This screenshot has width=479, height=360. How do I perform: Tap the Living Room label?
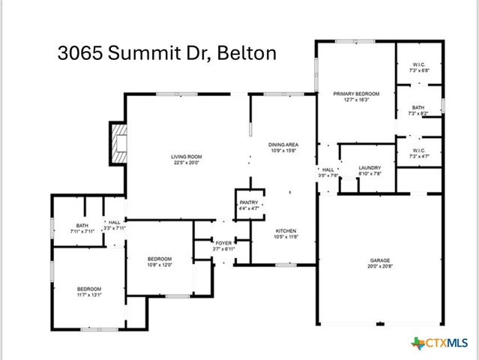tap(187, 157)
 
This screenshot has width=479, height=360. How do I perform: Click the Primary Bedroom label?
tap(356, 94)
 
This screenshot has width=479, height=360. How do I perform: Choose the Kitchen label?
tap(285, 230)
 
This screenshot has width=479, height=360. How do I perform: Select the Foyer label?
tap(223, 242)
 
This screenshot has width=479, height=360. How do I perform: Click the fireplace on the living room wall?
tap(118, 143)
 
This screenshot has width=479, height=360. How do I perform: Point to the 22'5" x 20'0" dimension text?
tap(187, 162)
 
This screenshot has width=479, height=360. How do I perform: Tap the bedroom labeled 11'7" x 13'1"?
tap(89, 292)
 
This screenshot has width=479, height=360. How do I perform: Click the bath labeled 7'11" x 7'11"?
tap(82, 227)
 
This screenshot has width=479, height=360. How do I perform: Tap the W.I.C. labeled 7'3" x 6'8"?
tap(418, 67)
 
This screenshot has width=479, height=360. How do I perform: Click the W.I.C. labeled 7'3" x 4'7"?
tap(418, 152)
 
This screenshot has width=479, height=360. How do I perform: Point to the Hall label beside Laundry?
tap(328, 170)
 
